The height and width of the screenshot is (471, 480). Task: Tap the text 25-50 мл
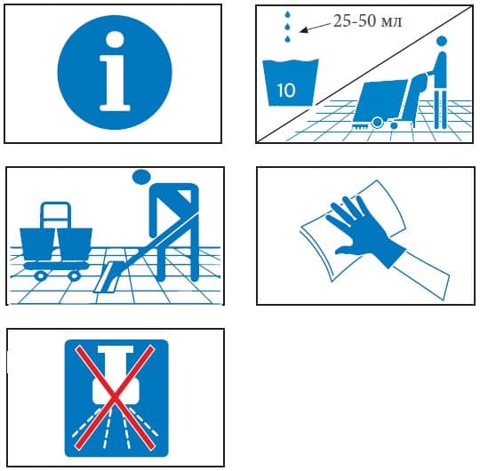tap(367, 21)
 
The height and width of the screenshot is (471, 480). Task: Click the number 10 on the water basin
tap(286, 91)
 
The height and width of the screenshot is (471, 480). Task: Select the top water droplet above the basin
tap(287, 15)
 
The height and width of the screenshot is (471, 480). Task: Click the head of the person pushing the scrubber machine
tap(441, 41)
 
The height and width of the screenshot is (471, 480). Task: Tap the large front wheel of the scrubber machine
tap(378, 123)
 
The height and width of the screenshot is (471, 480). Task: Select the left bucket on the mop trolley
tap(37, 243)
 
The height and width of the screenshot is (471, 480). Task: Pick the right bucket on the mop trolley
tap(75, 244)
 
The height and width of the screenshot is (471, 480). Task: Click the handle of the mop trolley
tap(55, 214)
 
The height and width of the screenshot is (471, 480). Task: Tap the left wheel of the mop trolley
tap(40, 275)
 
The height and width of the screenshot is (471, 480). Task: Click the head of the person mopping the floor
tap(141, 177)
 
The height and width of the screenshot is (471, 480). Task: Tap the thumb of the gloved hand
tap(345, 251)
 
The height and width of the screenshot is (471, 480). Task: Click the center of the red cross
tap(114, 397)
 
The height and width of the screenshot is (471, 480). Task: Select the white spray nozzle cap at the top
tap(116, 350)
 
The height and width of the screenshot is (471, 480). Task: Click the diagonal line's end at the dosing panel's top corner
tap(473, 5)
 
